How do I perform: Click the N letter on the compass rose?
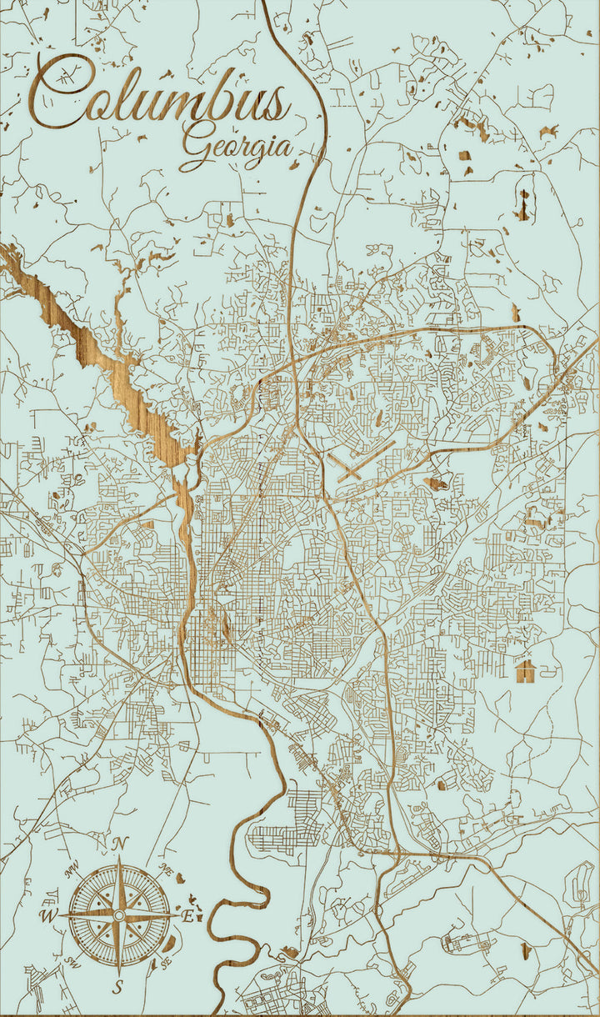coord(119,844)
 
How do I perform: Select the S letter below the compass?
coord(118,988)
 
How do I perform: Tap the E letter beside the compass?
coord(188,916)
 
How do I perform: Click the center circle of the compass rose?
coord(118,915)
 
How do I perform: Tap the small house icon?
coord(525,670)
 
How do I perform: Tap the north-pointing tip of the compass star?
coord(118,859)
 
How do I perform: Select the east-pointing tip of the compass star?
coord(176,915)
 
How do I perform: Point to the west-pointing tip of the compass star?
coord(61,915)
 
